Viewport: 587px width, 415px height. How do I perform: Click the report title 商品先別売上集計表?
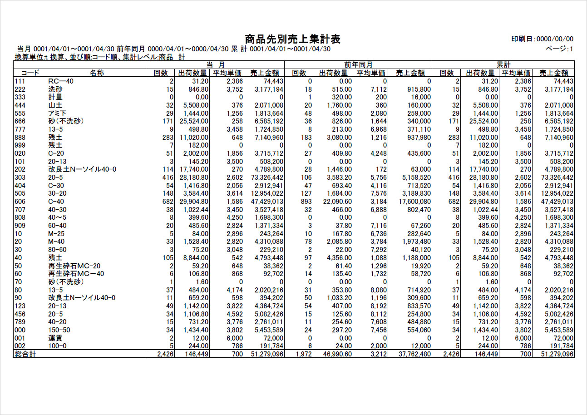pos(293,39)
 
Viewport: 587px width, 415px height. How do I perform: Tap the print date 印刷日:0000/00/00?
pos(542,39)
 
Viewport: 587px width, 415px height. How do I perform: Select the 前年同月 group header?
pos(359,65)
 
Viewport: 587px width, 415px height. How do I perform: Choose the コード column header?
pos(30,73)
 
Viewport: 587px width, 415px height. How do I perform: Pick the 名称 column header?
pos(97,73)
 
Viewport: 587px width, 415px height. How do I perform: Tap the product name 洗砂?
pos(55,89)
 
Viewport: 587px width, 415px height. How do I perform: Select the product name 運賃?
pos(55,338)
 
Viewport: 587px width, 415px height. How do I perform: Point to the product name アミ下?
pos(57,113)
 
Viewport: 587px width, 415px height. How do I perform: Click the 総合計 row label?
pos(25,354)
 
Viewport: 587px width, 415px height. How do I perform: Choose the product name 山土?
pos(55,105)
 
